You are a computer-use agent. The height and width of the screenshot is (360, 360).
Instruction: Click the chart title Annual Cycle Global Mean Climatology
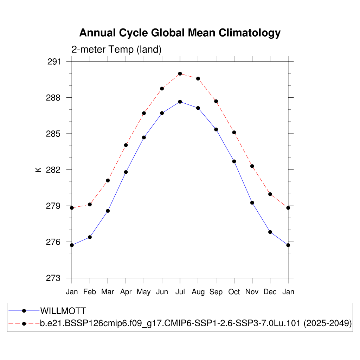coord(180,33)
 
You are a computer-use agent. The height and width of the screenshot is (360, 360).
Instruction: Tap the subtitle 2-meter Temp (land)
coord(116,50)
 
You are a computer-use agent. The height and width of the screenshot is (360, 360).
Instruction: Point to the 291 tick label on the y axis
coord(54,62)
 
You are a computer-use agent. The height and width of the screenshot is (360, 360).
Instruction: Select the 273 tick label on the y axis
coord(54,278)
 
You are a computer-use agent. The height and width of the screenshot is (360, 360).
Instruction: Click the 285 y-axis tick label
coord(54,134)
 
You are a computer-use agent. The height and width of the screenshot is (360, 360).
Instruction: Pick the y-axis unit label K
coord(38,169)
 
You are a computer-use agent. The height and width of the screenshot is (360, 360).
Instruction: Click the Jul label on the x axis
coord(180,292)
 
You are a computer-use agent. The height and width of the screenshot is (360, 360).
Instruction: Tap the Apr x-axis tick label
coord(126,292)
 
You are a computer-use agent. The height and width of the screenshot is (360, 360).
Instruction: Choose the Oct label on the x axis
coord(234,292)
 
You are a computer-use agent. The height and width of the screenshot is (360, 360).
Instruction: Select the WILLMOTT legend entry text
coord(63,311)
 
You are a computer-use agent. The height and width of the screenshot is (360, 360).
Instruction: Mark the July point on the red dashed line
coord(180,73)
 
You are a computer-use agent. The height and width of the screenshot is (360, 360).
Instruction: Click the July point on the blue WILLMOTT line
coord(180,102)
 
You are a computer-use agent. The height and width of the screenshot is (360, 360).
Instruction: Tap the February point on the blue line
coord(90,237)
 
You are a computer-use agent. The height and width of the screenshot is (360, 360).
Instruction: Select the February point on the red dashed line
coord(90,204)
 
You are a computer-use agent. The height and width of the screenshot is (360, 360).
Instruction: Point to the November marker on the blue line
coord(252,202)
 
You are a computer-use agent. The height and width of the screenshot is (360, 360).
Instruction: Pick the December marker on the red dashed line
coord(270,194)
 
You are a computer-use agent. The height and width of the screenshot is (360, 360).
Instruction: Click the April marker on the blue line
coord(126,172)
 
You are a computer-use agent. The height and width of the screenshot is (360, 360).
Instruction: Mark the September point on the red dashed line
coord(216,101)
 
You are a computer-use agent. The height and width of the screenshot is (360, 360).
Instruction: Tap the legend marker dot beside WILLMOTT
coord(24,311)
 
